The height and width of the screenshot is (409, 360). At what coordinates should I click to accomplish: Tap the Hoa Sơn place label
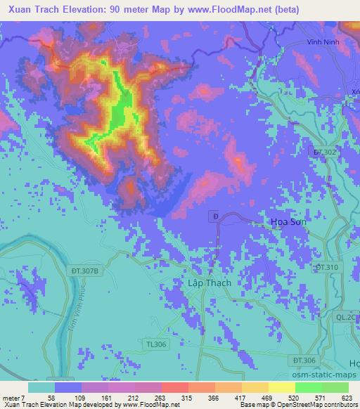point(288,222)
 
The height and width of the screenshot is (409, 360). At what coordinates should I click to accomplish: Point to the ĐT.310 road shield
point(327,267)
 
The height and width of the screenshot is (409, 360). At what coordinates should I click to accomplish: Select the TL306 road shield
point(157,344)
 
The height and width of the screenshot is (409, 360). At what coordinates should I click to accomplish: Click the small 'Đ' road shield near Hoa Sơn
point(215,216)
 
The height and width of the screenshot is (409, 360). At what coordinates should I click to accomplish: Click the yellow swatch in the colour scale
point(282,387)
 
